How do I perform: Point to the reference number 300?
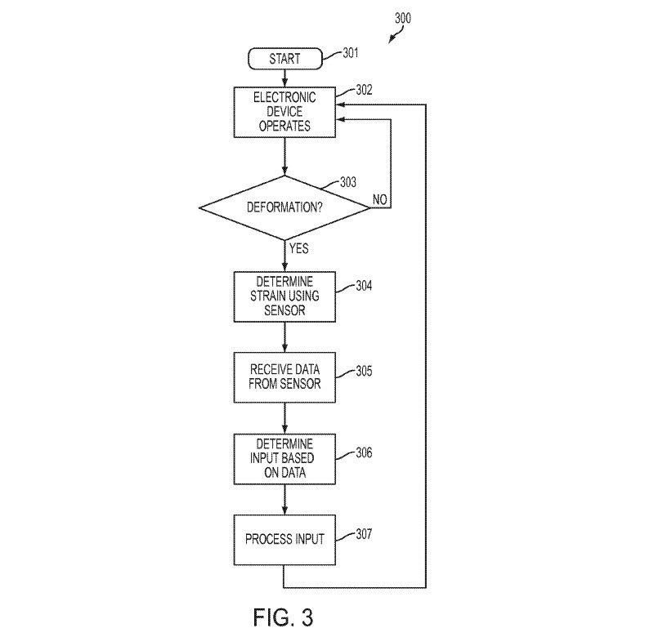click(x=403, y=18)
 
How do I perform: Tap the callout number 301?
click(x=351, y=52)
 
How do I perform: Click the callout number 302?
click(x=364, y=90)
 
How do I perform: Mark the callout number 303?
click(x=348, y=182)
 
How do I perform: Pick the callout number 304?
click(x=364, y=286)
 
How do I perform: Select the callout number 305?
click(x=364, y=371)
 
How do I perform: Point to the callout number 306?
click(x=364, y=452)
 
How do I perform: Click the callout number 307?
click(x=364, y=534)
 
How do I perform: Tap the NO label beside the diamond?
click(x=379, y=199)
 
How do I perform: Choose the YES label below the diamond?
click(x=298, y=248)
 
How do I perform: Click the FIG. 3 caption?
click(x=283, y=617)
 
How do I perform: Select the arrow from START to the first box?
click(x=284, y=78)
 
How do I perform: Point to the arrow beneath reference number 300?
click(x=396, y=35)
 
